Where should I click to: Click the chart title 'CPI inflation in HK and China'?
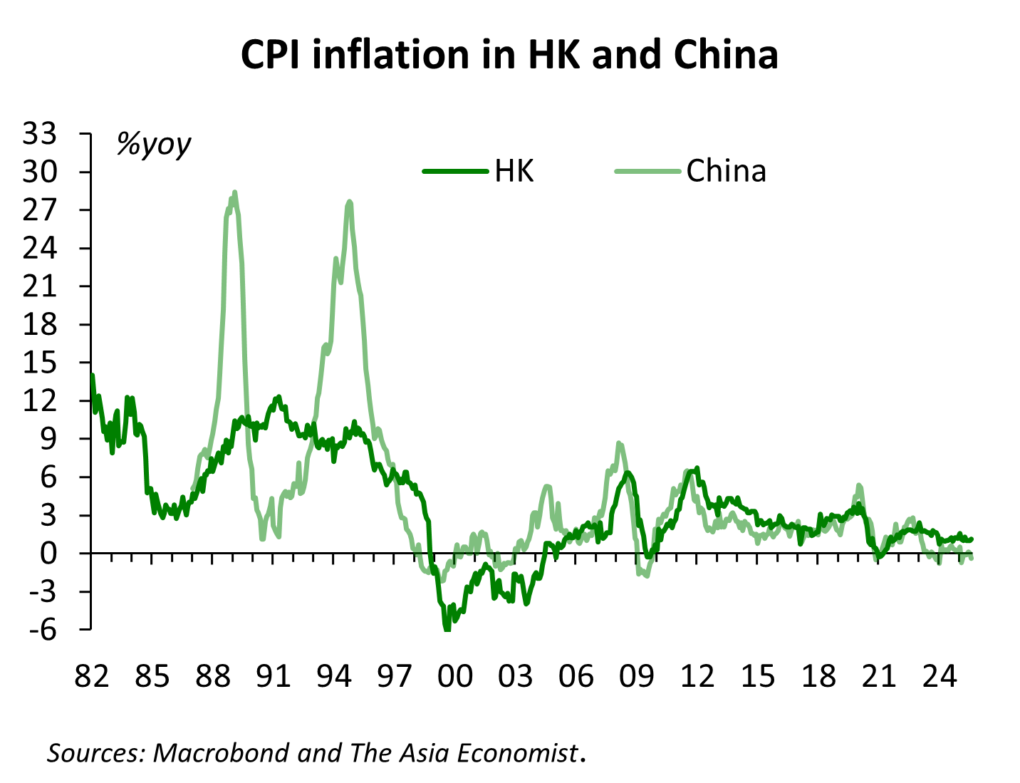(x=509, y=56)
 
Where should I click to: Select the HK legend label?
(x=514, y=171)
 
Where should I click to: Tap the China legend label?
(x=726, y=171)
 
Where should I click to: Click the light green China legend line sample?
(x=647, y=171)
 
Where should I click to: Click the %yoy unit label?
(x=154, y=145)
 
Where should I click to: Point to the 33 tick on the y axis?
(x=41, y=134)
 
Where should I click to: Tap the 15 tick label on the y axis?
(x=41, y=363)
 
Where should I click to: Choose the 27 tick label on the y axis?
(x=41, y=210)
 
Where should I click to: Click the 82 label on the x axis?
(x=93, y=675)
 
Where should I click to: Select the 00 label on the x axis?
(x=455, y=675)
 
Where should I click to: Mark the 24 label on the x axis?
(x=939, y=675)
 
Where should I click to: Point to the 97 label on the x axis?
(x=395, y=675)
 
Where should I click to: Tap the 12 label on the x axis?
(x=697, y=675)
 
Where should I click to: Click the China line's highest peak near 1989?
(x=234, y=192)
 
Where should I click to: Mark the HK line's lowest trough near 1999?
(x=447, y=628)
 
